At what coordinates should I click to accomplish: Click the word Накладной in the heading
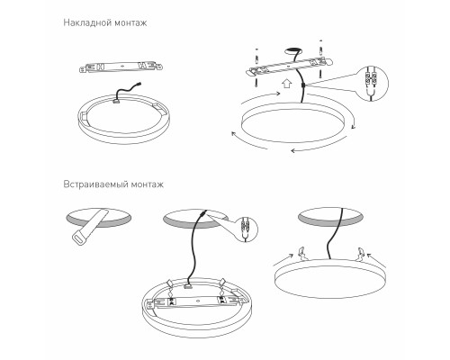pyautogui.click(x=84, y=22)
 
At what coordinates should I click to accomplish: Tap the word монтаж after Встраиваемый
pyautogui.click(x=148, y=184)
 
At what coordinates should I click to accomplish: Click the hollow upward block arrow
pyautogui.click(x=287, y=83)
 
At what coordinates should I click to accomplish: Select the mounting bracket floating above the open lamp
pyautogui.click(x=121, y=67)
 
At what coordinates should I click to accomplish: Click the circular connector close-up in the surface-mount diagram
pyautogui.click(x=372, y=83)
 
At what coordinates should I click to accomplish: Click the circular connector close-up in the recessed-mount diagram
pyautogui.click(x=246, y=229)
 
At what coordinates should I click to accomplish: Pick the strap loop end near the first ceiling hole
pyautogui.click(x=79, y=238)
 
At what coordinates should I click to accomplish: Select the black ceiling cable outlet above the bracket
pyautogui.click(x=292, y=50)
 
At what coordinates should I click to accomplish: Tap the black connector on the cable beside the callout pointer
pyautogui.click(x=302, y=86)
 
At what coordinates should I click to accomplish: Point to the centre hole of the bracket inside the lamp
pyautogui.click(x=197, y=301)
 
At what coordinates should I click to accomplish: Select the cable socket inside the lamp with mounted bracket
pyautogui.click(x=188, y=287)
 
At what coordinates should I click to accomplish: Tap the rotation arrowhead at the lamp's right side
pyautogui.click(x=354, y=127)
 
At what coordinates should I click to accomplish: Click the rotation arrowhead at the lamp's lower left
pyautogui.click(x=234, y=134)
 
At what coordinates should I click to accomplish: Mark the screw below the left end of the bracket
pyautogui.click(x=256, y=82)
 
